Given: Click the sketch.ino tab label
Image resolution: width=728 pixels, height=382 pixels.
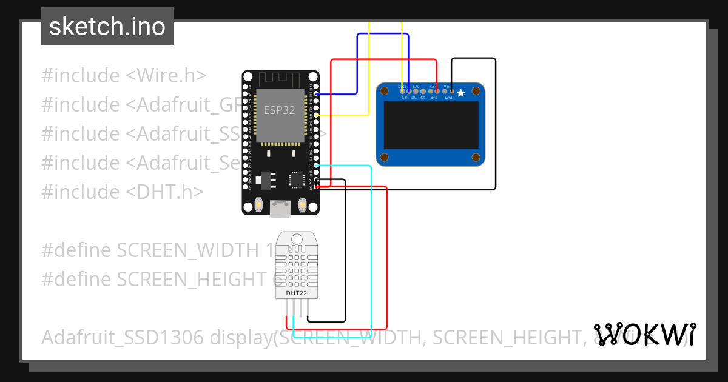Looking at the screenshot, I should (x=107, y=27).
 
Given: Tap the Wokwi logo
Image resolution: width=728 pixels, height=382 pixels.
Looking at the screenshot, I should (x=644, y=334).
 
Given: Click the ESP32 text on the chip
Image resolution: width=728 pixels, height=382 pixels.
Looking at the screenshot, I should (x=278, y=111).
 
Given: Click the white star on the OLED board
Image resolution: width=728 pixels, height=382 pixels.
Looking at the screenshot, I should (x=460, y=93).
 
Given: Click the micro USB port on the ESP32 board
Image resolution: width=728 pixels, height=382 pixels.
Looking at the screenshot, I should (x=280, y=209).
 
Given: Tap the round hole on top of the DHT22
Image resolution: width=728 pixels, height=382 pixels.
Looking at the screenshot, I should (x=297, y=238).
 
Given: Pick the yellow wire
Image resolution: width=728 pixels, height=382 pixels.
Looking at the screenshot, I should (x=369, y=73).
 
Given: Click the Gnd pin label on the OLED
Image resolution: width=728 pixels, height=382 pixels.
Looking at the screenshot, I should (x=449, y=98).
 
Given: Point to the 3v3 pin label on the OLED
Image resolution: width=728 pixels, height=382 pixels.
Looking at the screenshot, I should (x=434, y=98).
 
